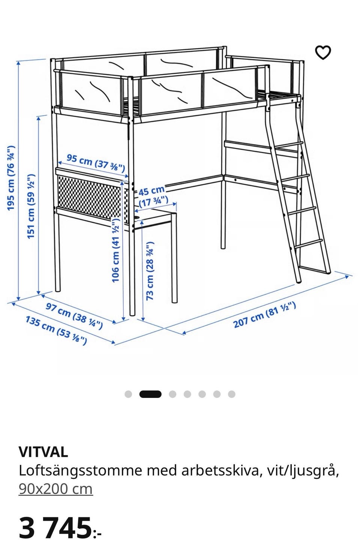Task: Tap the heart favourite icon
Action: (323, 52)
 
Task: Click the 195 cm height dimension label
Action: (11, 178)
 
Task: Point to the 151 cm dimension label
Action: (31, 206)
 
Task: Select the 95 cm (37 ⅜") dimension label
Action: (96, 163)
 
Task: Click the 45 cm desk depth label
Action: (153, 196)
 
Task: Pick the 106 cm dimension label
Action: (115, 250)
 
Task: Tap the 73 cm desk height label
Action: (150, 271)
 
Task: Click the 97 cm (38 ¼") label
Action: (74, 316)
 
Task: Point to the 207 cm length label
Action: (264, 315)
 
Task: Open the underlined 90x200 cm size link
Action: (55, 489)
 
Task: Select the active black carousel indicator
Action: (150, 394)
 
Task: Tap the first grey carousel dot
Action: (128, 394)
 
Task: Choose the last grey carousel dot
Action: (232, 394)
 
